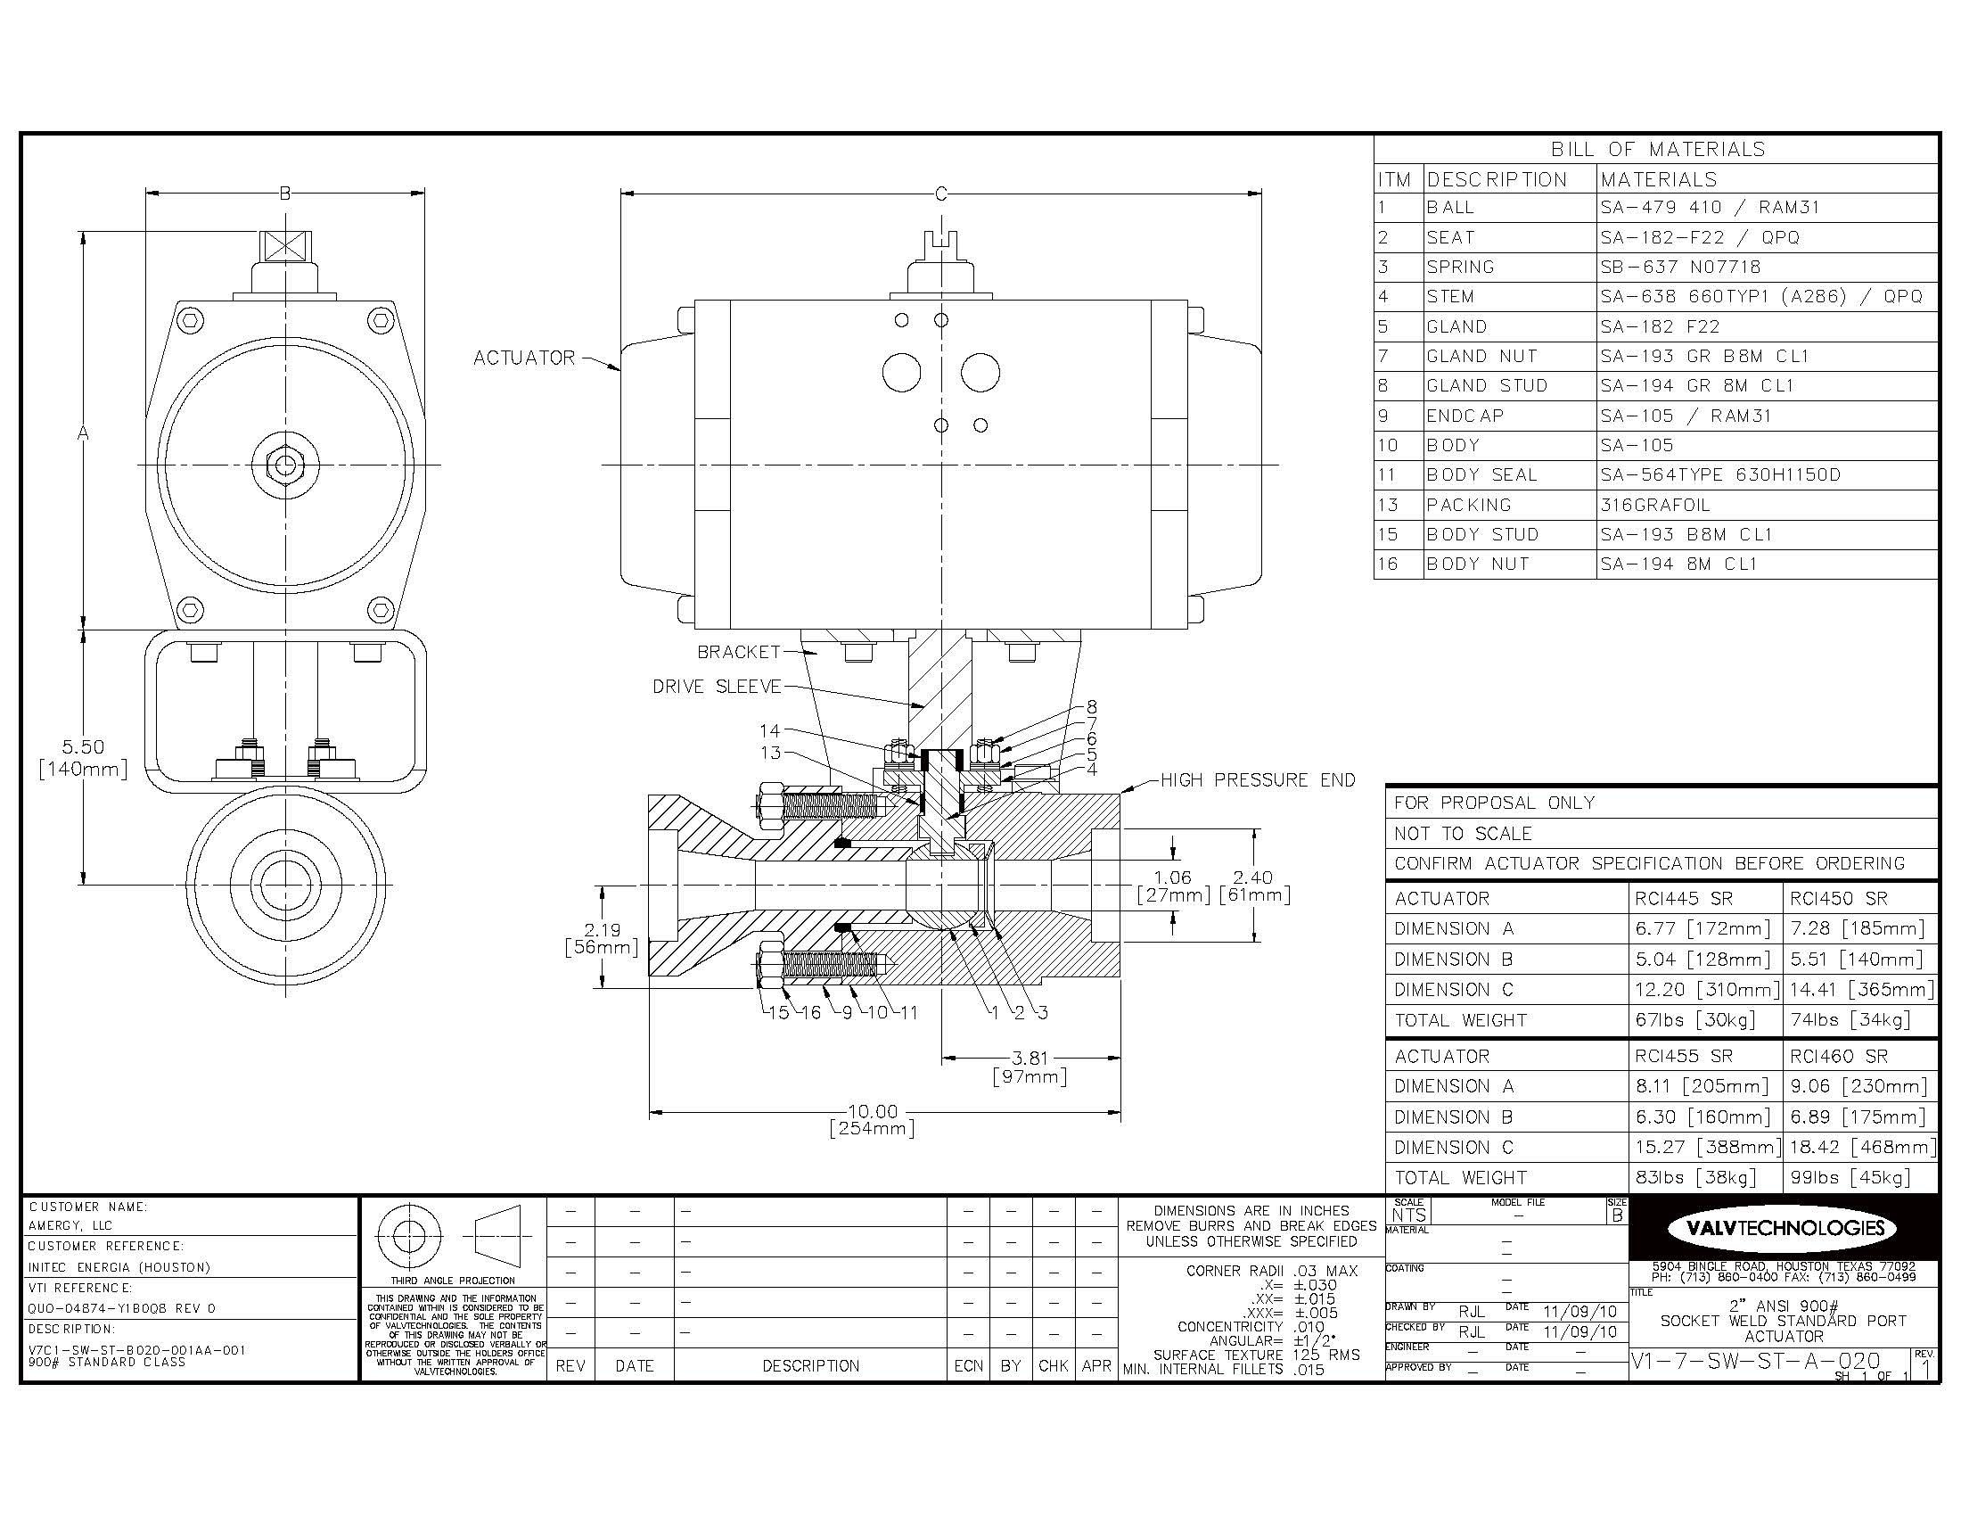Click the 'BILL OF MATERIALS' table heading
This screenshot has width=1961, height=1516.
[x=1658, y=149]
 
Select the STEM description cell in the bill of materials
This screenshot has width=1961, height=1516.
[x=1450, y=296]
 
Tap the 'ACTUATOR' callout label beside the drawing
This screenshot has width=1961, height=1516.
[x=523, y=358]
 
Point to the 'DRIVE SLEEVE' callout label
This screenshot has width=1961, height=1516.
[x=717, y=686]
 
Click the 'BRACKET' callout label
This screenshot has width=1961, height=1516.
[x=739, y=652]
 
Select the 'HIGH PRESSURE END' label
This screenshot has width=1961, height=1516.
[x=1258, y=779]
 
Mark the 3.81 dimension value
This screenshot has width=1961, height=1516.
[x=1029, y=1059]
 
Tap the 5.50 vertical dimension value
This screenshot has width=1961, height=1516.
[x=83, y=746]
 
